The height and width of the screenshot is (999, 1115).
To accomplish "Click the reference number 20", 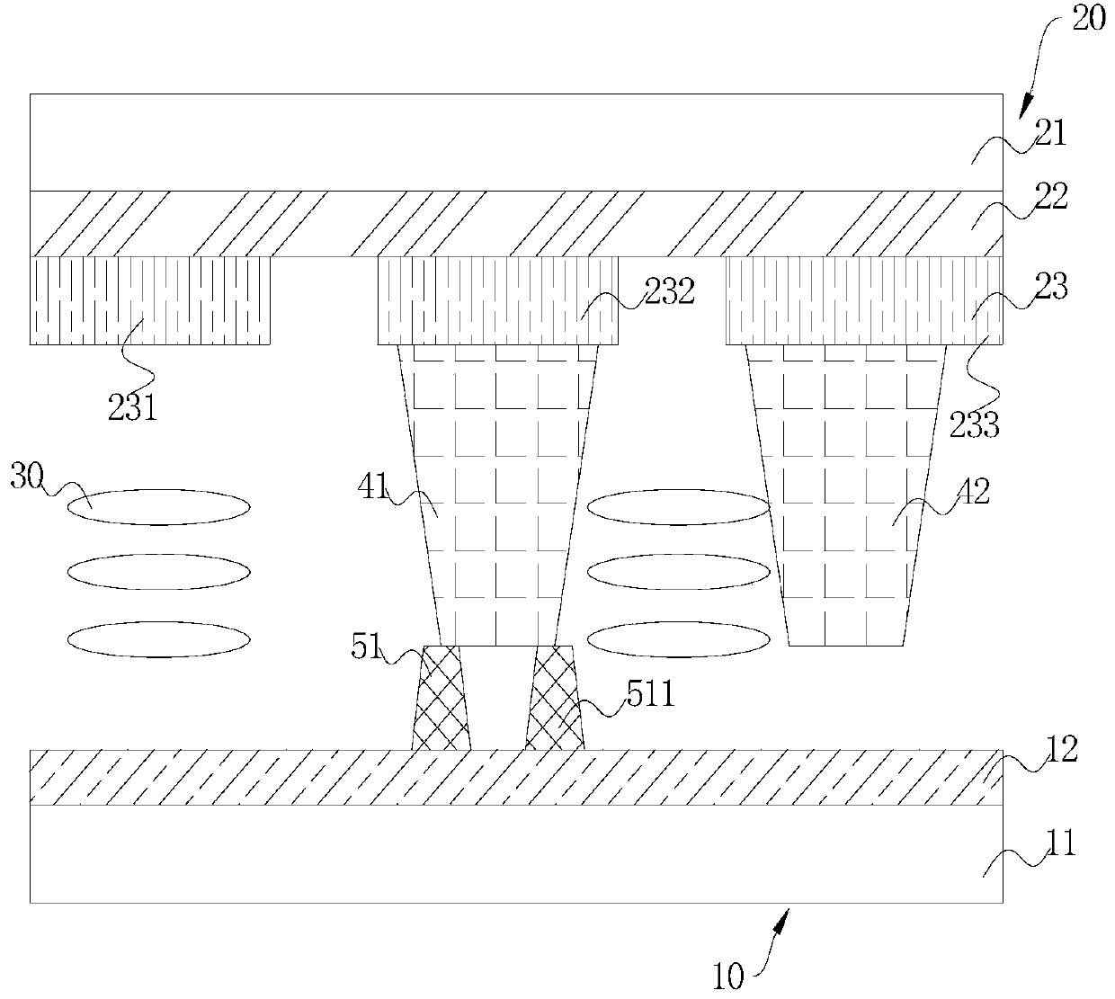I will (x=1089, y=19).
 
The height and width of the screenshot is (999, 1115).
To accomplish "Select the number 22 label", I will (x=1049, y=197).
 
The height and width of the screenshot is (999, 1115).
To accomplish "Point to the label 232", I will (x=670, y=291).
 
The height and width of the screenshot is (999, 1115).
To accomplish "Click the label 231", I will (x=133, y=409).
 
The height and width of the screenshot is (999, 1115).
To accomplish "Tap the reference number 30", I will (x=27, y=476).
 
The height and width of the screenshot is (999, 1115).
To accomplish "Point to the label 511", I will (x=651, y=693).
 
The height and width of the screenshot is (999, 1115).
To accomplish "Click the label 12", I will (x=1062, y=749).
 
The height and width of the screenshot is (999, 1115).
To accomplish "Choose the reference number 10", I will (x=728, y=977).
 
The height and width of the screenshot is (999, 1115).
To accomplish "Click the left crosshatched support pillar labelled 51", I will (x=441, y=699).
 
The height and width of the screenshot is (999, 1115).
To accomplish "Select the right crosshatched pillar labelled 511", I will (x=554, y=699).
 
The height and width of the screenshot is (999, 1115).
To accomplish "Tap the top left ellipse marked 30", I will (x=159, y=506).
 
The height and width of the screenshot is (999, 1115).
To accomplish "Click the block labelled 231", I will (x=150, y=300).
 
